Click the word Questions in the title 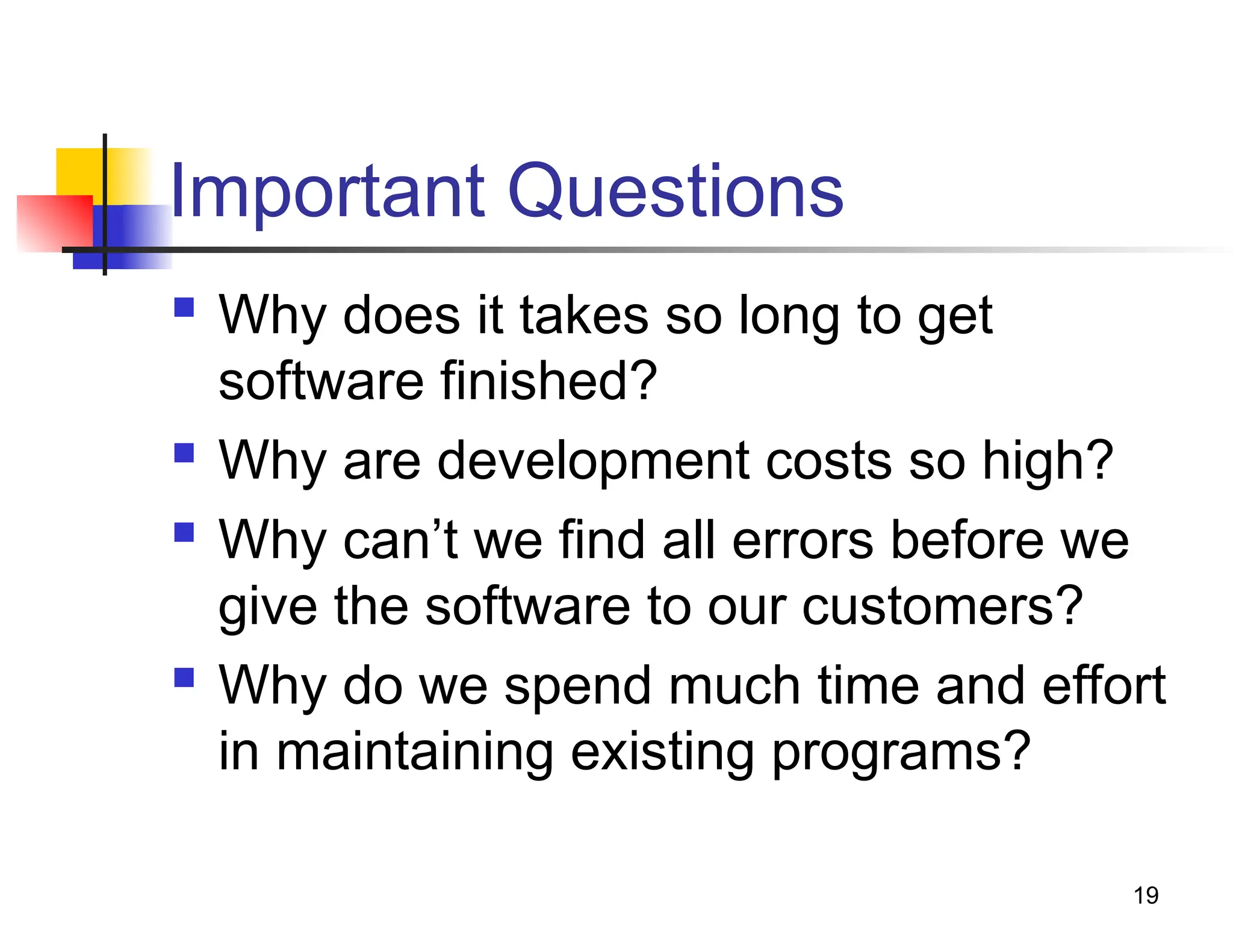[x=676, y=192]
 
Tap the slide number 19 [x=1146, y=895]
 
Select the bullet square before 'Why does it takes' [x=184, y=307]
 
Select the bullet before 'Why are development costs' [x=184, y=452]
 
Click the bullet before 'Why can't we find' [x=184, y=532]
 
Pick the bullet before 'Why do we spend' [x=184, y=677]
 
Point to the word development [x=593, y=462]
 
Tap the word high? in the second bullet [x=1048, y=462]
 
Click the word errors [x=803, y=541]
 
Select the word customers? [x=943, y=607]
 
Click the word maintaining [x=414, y=753]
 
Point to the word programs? [x=901, y=753]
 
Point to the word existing [x=662, y=753]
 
